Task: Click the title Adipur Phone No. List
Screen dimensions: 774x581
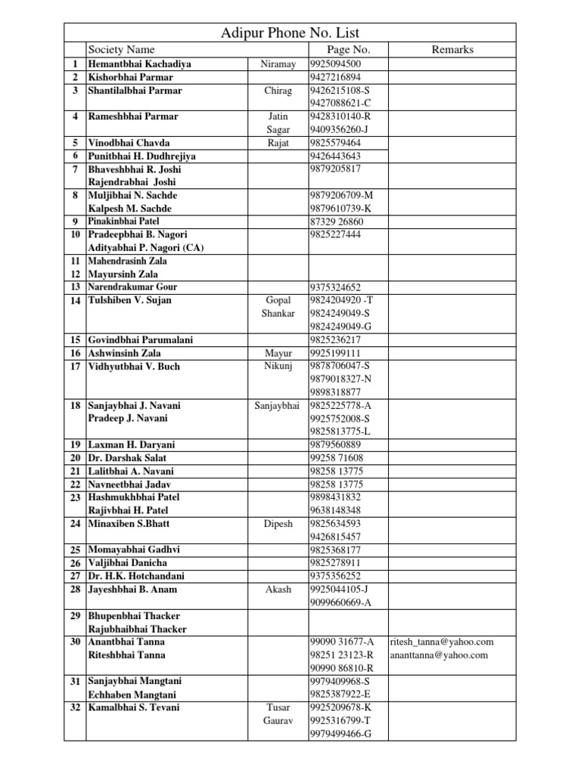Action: (290, 33)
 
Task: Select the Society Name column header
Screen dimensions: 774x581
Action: (121, 50)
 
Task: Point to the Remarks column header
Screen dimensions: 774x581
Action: (452, 50)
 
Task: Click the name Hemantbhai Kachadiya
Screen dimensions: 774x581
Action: (139, 64)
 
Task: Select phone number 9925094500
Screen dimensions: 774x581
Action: (335, 64)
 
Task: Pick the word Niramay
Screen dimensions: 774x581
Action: (278, 64)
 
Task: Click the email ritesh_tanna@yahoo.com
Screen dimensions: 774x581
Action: (442, 642)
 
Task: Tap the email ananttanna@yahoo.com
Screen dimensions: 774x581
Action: (439, 655)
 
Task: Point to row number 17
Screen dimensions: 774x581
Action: (75, 367)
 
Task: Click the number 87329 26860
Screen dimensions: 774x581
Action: (337, 221)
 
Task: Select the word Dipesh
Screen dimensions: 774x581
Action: (278, 524)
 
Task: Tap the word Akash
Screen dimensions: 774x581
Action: (278, 590)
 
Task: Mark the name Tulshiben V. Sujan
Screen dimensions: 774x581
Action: (130, 301)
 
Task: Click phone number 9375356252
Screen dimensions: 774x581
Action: (335, 576)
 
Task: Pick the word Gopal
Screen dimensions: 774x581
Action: (278, 301)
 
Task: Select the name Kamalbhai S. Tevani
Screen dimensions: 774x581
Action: (134, 707)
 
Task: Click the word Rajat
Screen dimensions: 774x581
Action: (278, 143)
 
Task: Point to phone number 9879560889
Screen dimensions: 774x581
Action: (335, 444)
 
